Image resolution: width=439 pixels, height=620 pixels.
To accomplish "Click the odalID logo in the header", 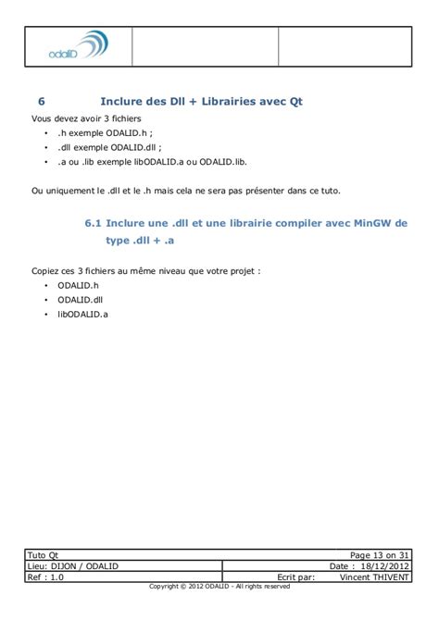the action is point(78,47).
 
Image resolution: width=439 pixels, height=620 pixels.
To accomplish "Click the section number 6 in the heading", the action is point(42,102).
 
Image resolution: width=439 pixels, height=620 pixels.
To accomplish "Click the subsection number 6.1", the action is point(93,223).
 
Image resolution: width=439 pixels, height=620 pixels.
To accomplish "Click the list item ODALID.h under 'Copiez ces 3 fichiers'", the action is point(78,287).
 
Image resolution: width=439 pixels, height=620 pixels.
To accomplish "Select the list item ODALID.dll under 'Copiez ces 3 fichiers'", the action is point(81,301).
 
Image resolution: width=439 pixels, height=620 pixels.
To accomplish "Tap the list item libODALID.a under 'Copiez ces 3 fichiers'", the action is point(82,316).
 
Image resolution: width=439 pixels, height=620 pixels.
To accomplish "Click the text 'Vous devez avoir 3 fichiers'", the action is point(82,118).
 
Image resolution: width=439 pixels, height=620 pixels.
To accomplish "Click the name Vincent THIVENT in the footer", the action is point(374,577).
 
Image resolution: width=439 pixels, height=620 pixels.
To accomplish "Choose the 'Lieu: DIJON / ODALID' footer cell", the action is point(74,565).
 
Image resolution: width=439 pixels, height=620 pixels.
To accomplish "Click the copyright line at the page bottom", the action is point(219,587).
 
